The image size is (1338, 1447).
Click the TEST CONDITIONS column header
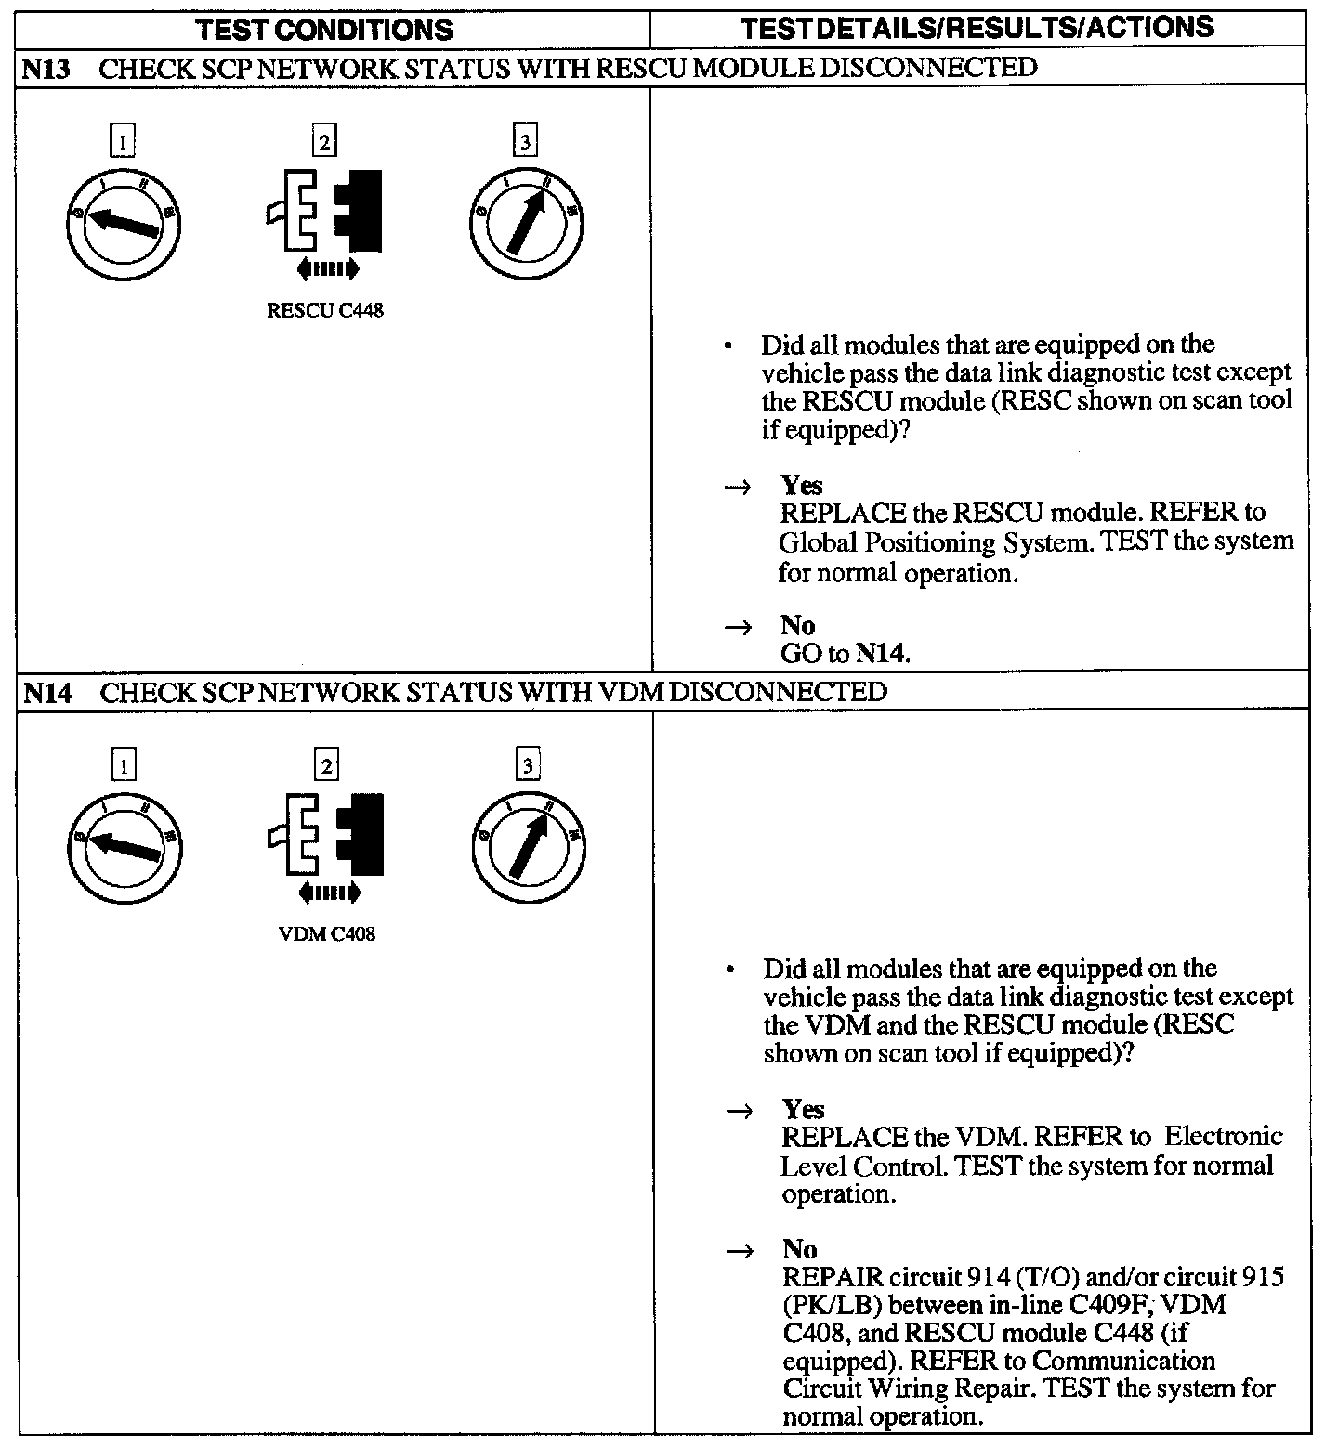coord(325,29)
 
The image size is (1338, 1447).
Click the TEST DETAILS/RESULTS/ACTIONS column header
coord(977,27)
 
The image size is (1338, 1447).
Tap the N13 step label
coord(46,68)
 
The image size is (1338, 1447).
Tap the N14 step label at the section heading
coord(46,692)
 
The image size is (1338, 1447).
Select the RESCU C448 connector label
coord(325,310)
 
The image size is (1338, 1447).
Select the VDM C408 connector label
coord(327,934)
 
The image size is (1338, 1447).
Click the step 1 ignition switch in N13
coord(124,224)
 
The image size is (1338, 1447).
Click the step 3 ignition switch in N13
coord(526,224)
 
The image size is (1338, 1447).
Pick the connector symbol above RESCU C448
coord(325,212)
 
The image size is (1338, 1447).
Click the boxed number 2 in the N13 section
coord(323,142)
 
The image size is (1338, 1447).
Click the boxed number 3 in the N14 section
coord(528,766)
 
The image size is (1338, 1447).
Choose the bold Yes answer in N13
coord(801,485)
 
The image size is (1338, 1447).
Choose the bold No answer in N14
coord(799,1249)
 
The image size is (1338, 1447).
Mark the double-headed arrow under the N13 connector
coord(326,269)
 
